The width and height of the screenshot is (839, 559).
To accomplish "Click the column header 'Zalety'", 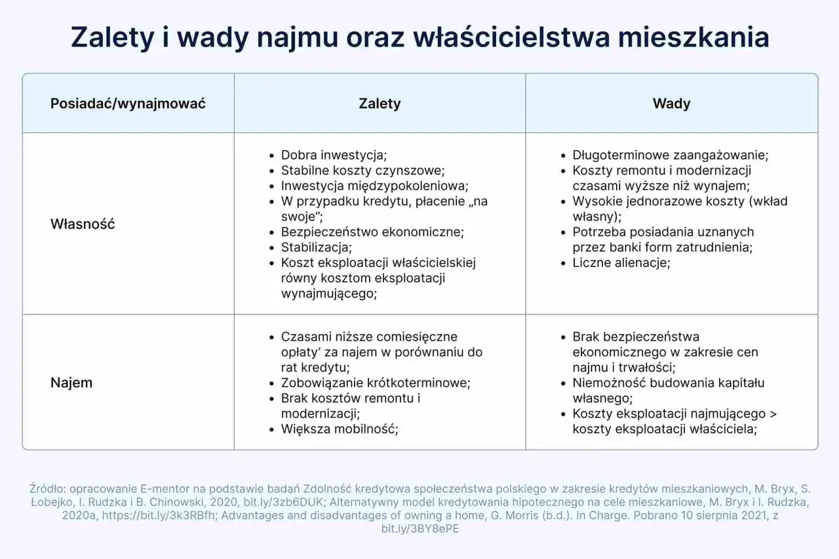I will pyautogui.click(x=380, y=104).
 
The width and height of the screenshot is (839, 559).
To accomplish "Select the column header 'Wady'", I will pyautogui.click(x=671, y=104).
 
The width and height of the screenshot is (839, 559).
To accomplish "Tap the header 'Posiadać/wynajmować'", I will pyautogui.click(x=128, y=104).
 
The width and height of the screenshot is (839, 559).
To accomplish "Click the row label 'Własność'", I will pyautogui.click(x=83, y=224).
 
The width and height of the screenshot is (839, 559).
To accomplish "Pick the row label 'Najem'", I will pyautogui.click(x=71, y=383).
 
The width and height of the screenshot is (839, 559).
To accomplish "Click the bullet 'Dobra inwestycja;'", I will pyautogui.click(x=334, y=155).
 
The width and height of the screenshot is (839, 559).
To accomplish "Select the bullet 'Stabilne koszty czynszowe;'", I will pyautogui.click(x=362, y=171).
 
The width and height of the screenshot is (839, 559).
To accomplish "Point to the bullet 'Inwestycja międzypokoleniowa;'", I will pyautogui.click(x=374, y=186).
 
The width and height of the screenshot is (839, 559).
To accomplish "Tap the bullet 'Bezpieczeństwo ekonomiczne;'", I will pyautogui.click(x=372, y=232).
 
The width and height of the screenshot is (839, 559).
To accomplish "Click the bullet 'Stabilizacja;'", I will pyautogui.click(x=317, y=248).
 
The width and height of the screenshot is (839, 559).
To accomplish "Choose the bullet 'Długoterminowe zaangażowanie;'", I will pyautogui.click(x=670, y=155).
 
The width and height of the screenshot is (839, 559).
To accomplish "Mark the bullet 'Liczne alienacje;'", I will pyautogui.click(x=621, y=263).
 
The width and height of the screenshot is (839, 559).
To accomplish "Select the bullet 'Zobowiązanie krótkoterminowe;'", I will pyautogui.click(x=376, y=383).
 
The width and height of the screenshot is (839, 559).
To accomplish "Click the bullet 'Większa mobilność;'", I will pyautogui.click(x=340, y=429).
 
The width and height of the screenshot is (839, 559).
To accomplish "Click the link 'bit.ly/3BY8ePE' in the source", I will pyautogui.click(x=419, y=529).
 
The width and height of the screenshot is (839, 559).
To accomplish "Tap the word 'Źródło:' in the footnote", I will pyautogui.click(x=47, y=488).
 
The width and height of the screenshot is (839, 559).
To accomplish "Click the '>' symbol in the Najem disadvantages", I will pyautogui.click(x=773, y=414).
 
